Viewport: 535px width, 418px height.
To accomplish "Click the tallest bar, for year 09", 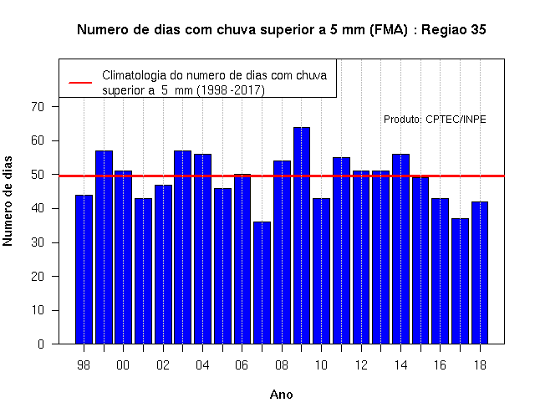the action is [x=302, y=236].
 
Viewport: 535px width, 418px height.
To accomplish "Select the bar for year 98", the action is [x=84, y=269].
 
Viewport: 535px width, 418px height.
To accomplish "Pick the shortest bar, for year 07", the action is [x=262, y=283].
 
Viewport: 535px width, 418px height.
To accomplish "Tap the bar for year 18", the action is [x=480, y=273].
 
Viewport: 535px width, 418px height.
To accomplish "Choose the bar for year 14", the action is [x=400, y=249].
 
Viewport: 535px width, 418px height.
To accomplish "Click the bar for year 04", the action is [x=202, y=249].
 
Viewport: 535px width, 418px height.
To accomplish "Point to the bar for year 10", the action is [x=321, y=271].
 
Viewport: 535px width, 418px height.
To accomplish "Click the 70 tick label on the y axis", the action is [x=38, y=107].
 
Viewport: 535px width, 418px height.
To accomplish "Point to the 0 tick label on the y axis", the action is [x=41, y=344].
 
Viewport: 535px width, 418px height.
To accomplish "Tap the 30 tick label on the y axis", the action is [x=38, y=242].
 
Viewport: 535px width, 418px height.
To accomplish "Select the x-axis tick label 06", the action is [x=242, y=365].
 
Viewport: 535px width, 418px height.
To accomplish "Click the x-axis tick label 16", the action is [x=440, y=365].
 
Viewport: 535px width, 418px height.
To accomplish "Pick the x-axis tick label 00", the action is [x=123, y=365].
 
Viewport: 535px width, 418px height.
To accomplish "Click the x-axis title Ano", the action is [x=281, y=395].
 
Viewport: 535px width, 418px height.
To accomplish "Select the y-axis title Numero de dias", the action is [x=8, y=201].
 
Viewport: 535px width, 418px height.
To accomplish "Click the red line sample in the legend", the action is [x=80, y=83].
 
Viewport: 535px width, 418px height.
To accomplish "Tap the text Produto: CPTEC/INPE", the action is [x=435, y=120].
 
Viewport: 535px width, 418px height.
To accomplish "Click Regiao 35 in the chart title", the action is [x=453, y=30].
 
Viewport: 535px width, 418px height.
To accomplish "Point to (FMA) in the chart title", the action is [x=388, y=30].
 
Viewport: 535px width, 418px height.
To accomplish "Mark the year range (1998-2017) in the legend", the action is [x=231, y=90].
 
